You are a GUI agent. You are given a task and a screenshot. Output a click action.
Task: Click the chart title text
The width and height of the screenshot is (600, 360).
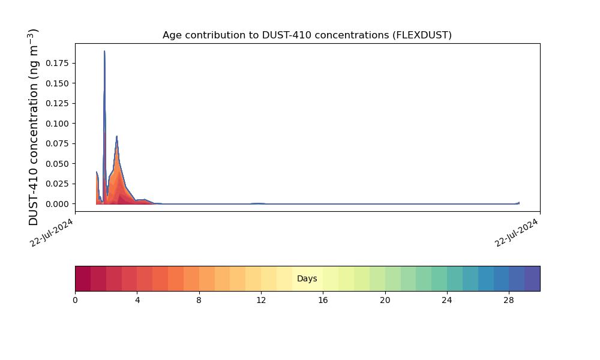point(307,35)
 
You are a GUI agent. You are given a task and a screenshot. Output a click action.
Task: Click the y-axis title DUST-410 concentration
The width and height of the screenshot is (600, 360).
point(33,127)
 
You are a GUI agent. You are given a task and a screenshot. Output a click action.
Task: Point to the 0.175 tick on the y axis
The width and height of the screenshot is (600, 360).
point(58,63)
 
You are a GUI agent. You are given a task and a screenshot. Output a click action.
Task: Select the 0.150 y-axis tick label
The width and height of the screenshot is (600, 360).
point(58,83)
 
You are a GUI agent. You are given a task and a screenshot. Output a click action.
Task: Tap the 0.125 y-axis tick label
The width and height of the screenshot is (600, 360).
point(58,103)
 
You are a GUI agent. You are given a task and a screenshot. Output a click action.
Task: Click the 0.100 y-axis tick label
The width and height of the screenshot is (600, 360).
point(58,124)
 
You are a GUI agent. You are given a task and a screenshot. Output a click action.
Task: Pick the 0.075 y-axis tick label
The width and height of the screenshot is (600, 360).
point(58,143)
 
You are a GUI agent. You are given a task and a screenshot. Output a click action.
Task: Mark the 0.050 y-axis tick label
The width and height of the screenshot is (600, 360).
point(58,164)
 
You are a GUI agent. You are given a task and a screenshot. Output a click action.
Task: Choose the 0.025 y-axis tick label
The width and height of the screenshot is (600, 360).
point(58,184)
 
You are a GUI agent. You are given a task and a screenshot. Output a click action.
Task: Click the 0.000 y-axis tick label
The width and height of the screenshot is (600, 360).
point(58,204)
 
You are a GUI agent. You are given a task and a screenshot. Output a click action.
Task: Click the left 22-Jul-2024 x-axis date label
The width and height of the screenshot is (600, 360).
point(51,233)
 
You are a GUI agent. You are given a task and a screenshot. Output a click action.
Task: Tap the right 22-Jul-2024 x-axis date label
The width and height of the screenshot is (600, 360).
point(517,233)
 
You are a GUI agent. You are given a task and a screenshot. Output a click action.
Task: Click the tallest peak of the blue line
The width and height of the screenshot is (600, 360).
point(104,51)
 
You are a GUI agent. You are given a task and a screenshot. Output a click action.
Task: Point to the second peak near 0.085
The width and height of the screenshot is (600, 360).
point(117,136)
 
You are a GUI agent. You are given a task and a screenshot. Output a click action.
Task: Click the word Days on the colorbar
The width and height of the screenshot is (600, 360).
point(307,278)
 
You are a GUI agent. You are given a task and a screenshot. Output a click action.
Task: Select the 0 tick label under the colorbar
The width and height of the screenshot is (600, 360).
point(75,301)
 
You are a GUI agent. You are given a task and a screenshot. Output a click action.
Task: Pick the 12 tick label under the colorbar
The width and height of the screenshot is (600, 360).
point(261,301)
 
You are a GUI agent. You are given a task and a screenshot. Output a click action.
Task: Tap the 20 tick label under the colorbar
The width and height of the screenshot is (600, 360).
point(385,301)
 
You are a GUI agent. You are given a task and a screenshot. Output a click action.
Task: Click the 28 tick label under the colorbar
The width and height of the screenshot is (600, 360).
point(509,301)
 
